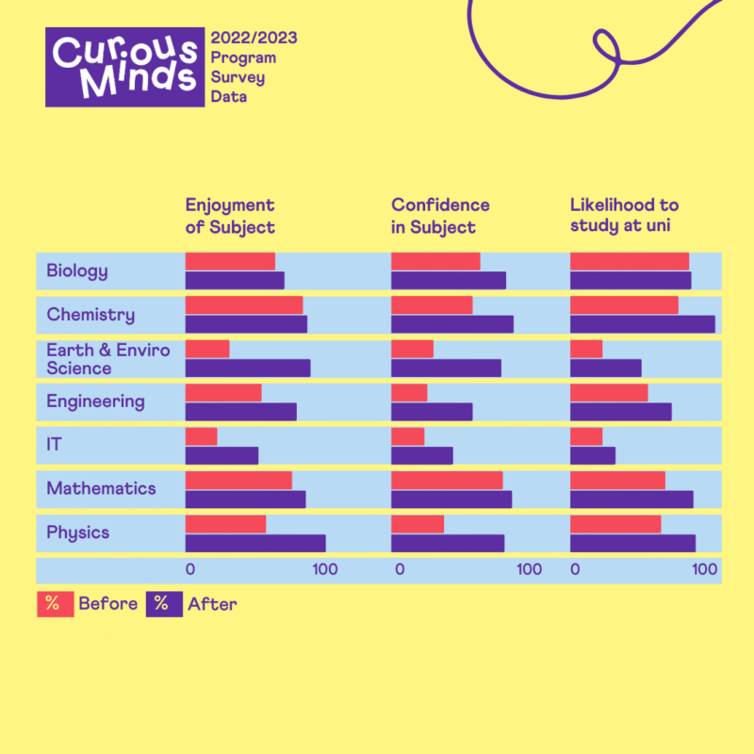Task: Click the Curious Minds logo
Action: point(125,66)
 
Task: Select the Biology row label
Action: point(77,271)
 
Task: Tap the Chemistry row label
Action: point(90,315)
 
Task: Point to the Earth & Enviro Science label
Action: point(108,359)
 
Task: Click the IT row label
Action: point(55,444)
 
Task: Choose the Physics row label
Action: point(78,533)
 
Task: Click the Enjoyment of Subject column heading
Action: point(230,216)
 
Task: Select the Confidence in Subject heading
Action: point(440,216)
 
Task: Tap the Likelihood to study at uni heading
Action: point(624,216)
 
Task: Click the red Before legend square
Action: point(55,604)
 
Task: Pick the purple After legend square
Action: point(164,604)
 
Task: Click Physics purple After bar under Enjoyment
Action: point(255,543)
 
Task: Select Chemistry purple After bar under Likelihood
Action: point(643,324)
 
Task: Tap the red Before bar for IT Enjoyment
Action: point(202,436)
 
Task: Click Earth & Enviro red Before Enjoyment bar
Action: point(207,349)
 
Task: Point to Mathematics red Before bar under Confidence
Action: point(447,480)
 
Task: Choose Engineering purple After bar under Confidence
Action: point(432,412)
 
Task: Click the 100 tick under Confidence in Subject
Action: point(530,569)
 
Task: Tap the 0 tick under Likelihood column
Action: point(575,569)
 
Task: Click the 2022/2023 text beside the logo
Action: point(254,38)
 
